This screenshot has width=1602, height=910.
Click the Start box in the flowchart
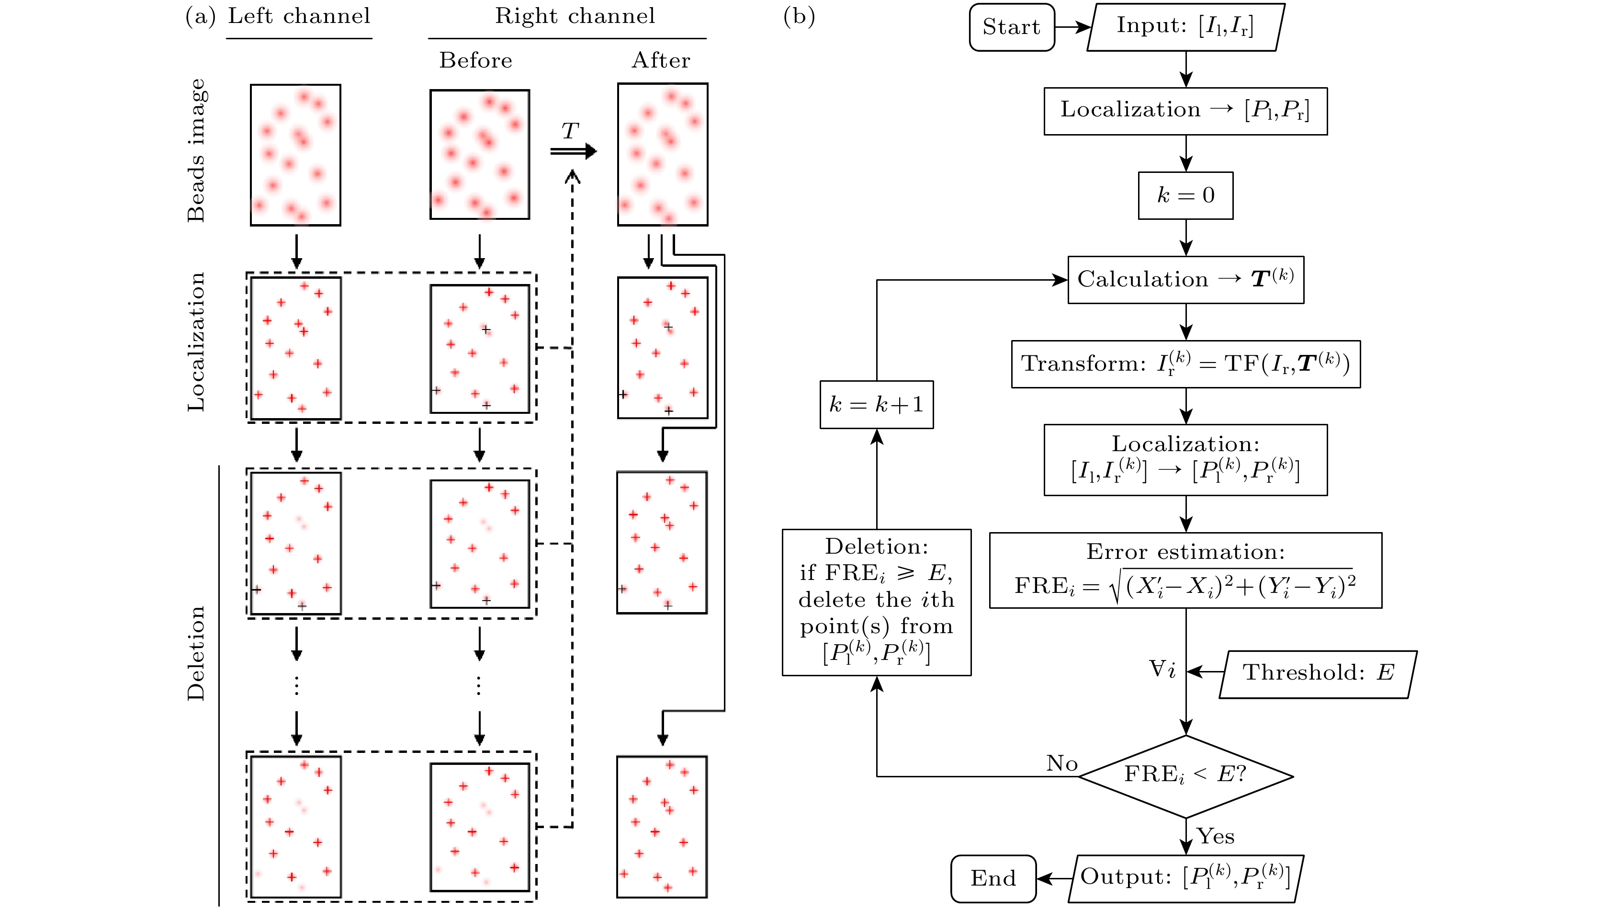pyautogui.click(x=1011, y=27)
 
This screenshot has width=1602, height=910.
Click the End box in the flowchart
pyautogui.click(x=993, y=878)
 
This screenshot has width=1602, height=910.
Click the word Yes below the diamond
pyautogui.click(x=1215, y=836)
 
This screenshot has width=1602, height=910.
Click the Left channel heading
pyautogui.click(x=299, y=16)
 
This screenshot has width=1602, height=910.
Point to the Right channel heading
pyautogui.click(x=575, y=16)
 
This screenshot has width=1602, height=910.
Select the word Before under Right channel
pyautogui.click(x=475, y=61)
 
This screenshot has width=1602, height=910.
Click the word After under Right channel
pyautogui.click(x=661, y=61)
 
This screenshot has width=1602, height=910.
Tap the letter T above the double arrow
pyautogui.click(x=569, y=131)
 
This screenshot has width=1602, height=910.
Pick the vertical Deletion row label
pyautogui.click(x=196, y=653)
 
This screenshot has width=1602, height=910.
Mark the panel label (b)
pyautogui.click(x=799, y=16)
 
